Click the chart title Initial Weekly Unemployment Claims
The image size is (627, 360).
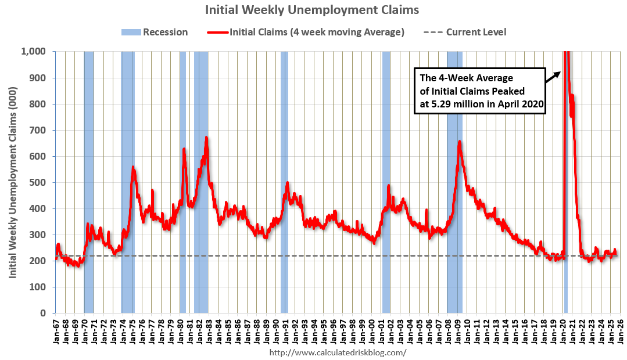point(312,10)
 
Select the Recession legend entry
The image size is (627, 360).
point(155,32)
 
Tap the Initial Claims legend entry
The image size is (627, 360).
point(306,32)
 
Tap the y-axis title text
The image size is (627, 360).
point(12,182)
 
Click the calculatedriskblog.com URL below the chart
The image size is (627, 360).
point(338,352)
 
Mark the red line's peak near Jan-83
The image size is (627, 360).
point(206,138)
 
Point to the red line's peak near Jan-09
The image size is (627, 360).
point(460,142)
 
